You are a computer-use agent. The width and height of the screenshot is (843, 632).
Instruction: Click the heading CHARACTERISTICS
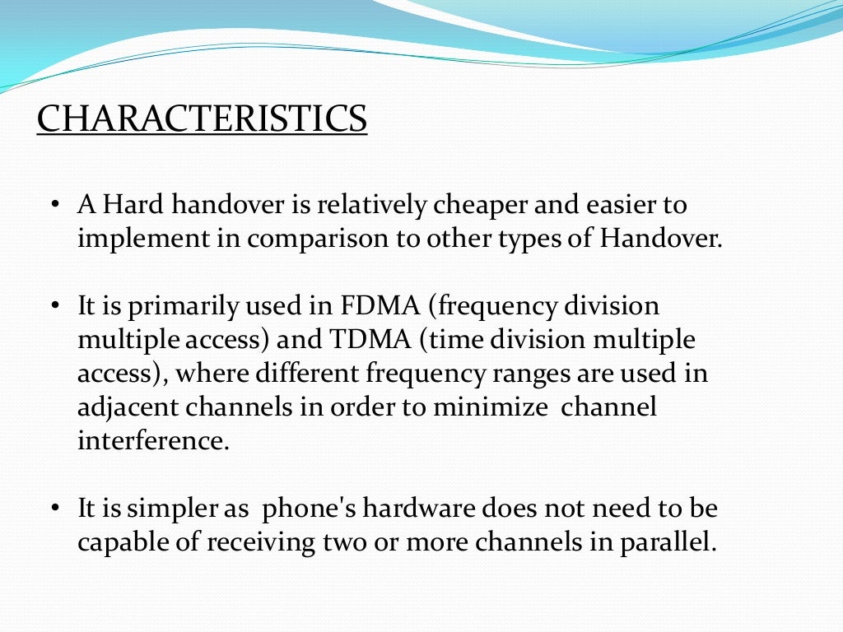tap(202, 118)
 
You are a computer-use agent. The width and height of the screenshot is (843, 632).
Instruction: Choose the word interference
tap(152, 440)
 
